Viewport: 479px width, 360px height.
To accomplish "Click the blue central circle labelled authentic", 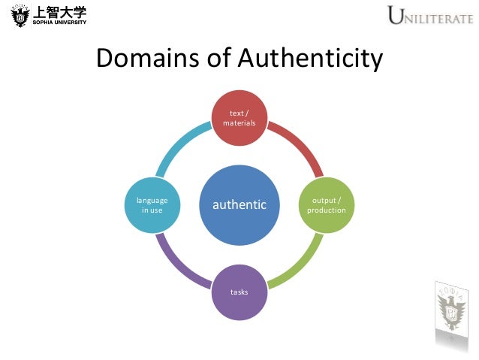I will pyautogui.click(x=239, y=204).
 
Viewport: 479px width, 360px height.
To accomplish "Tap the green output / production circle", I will pyautogui.click(x=326, y=204).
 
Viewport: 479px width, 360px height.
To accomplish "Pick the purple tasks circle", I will pyautogui.click(x=239, y=291).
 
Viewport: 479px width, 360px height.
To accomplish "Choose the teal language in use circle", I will pyautogui.click(x=152, y=204).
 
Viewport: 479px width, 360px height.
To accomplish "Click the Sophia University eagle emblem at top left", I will pyautogui.click(x=15, y=14).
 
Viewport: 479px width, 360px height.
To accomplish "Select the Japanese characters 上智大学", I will pyautogui.click(x=59, y=10).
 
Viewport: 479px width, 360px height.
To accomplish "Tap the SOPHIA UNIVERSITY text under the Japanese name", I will pyautogui.click(x=59, y=22).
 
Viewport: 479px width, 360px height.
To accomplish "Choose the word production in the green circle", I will pyautogui.click(x=327, y=210).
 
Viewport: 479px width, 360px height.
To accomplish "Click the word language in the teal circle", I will pyautogui.click(x=152, y=200).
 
